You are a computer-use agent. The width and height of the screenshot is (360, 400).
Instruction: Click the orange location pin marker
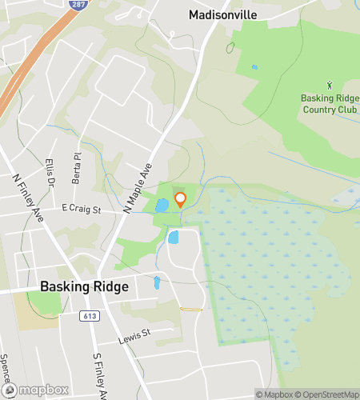coord(180,199)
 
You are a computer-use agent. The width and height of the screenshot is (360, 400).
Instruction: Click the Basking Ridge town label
coord(83,287)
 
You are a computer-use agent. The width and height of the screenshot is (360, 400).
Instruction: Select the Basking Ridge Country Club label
coord(330,104)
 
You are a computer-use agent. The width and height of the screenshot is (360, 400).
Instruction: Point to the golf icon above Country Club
coord(330,84)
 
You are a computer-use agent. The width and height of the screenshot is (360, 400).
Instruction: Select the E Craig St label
coord(81,210)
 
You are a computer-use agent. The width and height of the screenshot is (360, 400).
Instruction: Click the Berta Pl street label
coord(77,170)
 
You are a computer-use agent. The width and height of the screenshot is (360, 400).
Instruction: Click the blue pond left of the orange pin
coord(162,205)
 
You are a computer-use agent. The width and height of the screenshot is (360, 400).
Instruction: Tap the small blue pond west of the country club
coord(254,67)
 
